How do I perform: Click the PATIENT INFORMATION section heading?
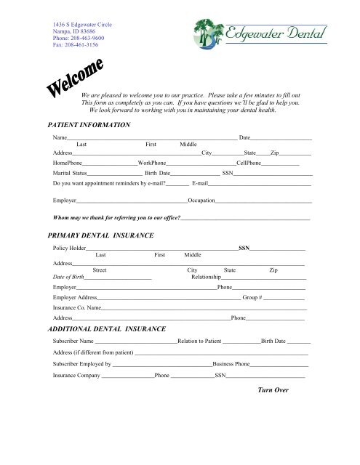(88, 125)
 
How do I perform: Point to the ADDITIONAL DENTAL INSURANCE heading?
(105, 329)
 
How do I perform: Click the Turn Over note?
(273, 390)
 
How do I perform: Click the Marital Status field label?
(70, 174)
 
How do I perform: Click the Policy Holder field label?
(70, 248)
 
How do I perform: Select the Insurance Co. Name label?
(76, 309)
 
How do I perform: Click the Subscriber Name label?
(73, 341)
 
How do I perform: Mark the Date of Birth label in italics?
(68, 277)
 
